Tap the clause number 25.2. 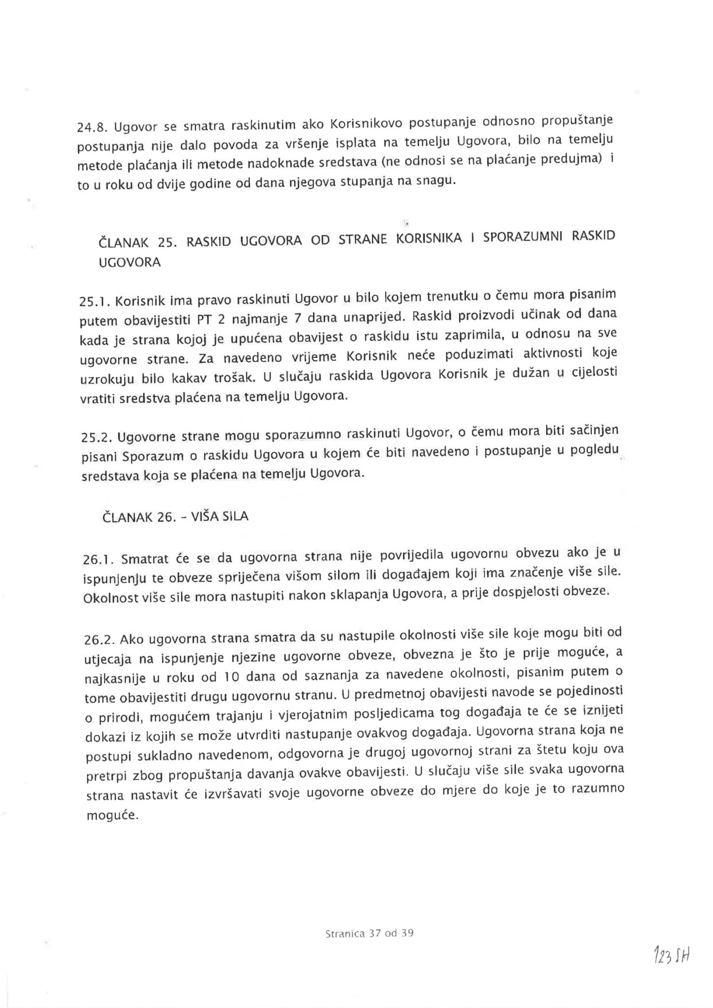[x=95, y=438]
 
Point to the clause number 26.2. [x=99, y=640]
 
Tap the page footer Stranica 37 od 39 [x=369, y=933]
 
